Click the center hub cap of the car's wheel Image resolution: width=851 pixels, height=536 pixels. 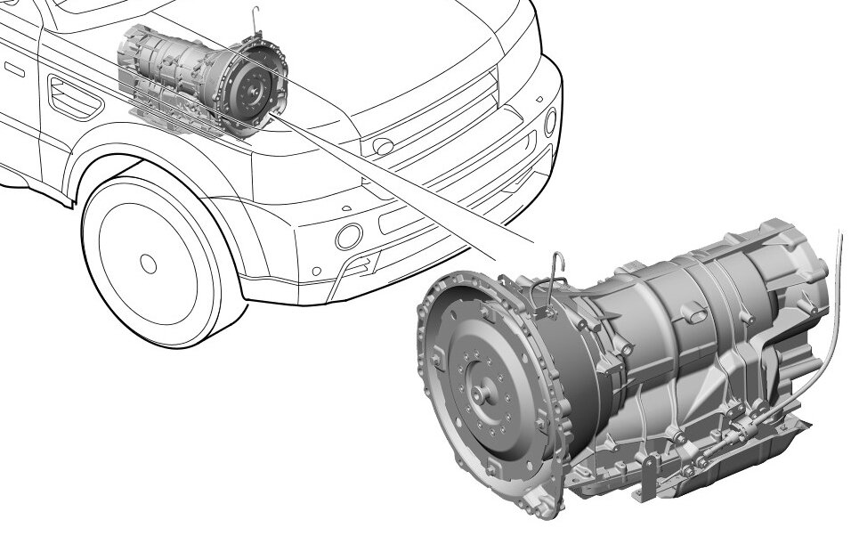click(x=148, y=263)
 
